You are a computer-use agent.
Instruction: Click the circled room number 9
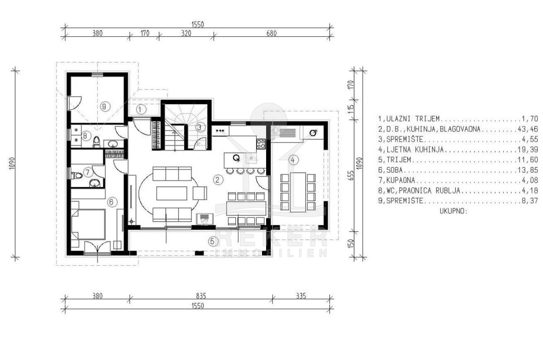coord(104,106)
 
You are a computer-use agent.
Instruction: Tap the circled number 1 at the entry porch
coord(140,109)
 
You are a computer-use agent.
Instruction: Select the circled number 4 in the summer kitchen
coord(293,160)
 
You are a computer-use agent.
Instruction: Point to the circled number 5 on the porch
coord(213,241)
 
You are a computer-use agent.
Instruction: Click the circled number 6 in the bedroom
coord(112,202)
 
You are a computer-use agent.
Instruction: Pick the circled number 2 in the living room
coord(218,180)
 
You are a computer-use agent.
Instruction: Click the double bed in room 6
coord(88,224)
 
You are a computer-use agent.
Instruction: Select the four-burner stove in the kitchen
coord(261,144)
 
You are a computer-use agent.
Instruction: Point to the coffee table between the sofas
coord(172,193)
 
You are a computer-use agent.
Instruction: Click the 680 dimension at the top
coord(271,33)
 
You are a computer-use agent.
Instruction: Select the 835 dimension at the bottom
coord(201,296)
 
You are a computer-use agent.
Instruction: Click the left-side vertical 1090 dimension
coord(12,164)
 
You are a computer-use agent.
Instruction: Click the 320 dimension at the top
coord(186,33)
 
